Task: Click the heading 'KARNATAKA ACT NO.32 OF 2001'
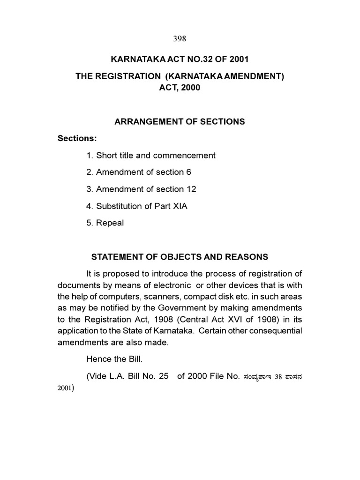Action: tap(180, 60)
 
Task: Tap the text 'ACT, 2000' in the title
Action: tap(180, 87)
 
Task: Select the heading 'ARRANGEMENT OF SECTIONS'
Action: tap(180, 121)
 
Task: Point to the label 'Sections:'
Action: tap(77, 138)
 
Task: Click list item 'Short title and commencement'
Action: tap(150, 155)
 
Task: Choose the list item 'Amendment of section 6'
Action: tap(138, 172)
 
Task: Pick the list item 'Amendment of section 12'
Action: tap(141, 189)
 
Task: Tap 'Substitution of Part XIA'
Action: tap(136, 206)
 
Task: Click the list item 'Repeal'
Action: tap(105, 223)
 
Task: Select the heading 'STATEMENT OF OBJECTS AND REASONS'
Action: tap(180, 257)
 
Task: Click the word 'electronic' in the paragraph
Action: tap(172, 285)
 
